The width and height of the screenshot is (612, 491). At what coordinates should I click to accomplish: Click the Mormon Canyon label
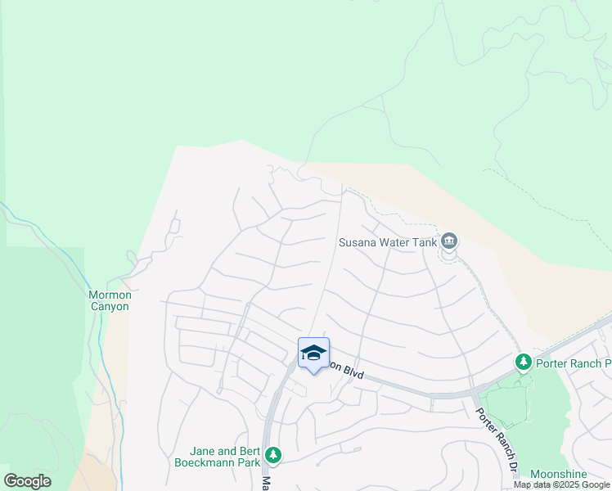coord(109,300)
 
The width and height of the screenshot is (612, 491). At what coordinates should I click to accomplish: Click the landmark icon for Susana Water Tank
coord(449,241)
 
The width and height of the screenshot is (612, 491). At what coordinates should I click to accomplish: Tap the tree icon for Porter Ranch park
coord(523,362)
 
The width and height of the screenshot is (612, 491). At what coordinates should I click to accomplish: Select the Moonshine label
coord(558,474)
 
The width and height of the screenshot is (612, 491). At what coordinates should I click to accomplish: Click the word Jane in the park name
coord(203,451)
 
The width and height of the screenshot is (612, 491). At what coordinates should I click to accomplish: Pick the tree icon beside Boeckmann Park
coord(273,454)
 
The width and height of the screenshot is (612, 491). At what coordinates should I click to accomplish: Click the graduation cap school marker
coord(313,353)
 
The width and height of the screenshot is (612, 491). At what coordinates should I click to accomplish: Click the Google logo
coord(27,481)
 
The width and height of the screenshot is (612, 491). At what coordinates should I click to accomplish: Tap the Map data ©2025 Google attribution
coord(562,484)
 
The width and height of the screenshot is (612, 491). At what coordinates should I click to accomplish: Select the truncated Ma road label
coord(264,483)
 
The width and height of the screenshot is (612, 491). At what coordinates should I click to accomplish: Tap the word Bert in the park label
coord(250,451)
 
